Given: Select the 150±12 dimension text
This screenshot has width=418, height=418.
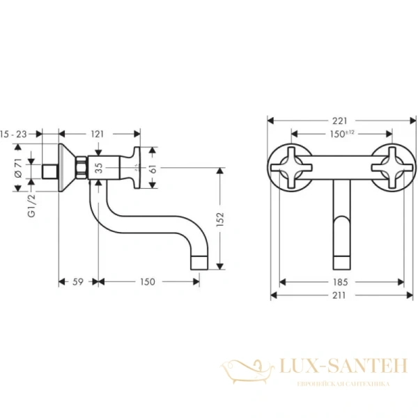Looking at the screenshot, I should click(x=342, y=133).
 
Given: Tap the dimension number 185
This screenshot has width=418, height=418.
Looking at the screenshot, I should click(x=341, y=282).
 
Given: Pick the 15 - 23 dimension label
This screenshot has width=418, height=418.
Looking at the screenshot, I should click(x=14, y=133).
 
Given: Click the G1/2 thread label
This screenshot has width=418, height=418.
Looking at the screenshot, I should click(x=31, y=208).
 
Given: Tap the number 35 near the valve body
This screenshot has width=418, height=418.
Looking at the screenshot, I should click(x=98, y=167).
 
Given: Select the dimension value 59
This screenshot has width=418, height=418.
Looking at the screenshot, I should click(x=78, y=282).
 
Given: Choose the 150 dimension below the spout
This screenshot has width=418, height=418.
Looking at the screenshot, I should click(x=148, y=282).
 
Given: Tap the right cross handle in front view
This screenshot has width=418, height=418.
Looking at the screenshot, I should click(x=389, y=165).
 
